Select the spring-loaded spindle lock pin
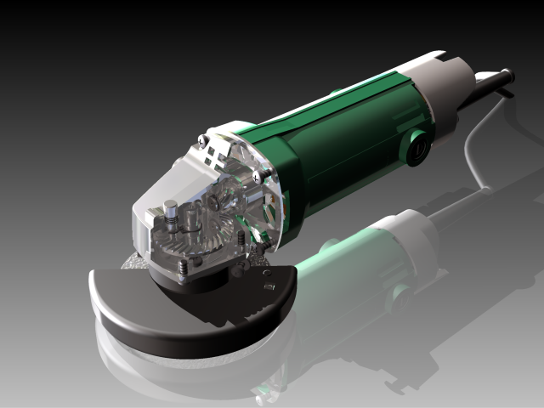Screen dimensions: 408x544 (x=170, y=212)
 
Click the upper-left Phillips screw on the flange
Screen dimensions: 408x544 (x=201, y=139)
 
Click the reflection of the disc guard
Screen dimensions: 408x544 (x=170, y=365)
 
